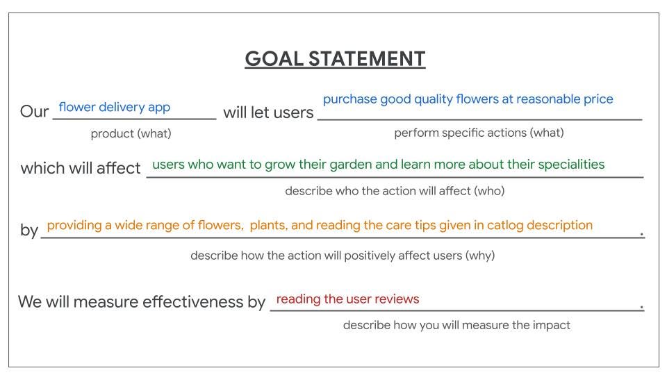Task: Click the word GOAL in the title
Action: (274, 58)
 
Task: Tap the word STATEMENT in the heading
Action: (367, 58)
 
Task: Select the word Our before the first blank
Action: (35, 111)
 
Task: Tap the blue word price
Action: (598, 99)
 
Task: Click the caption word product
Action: (113, 134)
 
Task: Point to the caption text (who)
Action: (489, 191)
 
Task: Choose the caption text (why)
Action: (480, 256)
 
